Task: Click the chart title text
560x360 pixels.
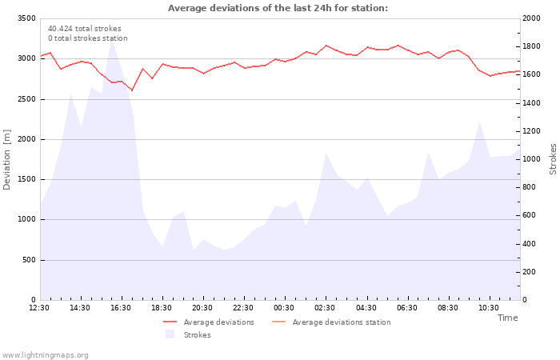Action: tap(278, 8)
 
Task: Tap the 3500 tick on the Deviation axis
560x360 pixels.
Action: tap(26, 18)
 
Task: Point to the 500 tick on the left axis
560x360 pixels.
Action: tap(28, 260)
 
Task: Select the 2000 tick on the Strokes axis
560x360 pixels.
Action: tap(531, 18)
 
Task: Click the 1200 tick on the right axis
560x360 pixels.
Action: tap(531, 131)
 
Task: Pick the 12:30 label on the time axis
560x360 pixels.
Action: tap(39, 308)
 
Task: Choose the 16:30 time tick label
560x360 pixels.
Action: tap(121, 308)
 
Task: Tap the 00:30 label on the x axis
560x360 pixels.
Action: tap(284, 308)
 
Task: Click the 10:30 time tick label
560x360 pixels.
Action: tap(488, 308)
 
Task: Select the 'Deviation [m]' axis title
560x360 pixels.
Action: tap(8, 159)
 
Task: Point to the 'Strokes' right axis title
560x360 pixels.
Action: tap(553, 159)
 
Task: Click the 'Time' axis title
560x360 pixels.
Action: tap(507, 318)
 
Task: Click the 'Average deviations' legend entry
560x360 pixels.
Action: tap(218, 322)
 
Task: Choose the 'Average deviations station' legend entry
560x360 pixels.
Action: tap(342, 322)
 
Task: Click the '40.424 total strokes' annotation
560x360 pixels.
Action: tap(85, 29)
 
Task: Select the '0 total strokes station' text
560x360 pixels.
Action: tap(87, 38)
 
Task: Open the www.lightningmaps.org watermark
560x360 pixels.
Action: tap(46, 354)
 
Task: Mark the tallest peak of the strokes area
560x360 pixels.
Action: tap(112, 40)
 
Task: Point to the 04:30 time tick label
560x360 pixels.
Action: tap(366, 308)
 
